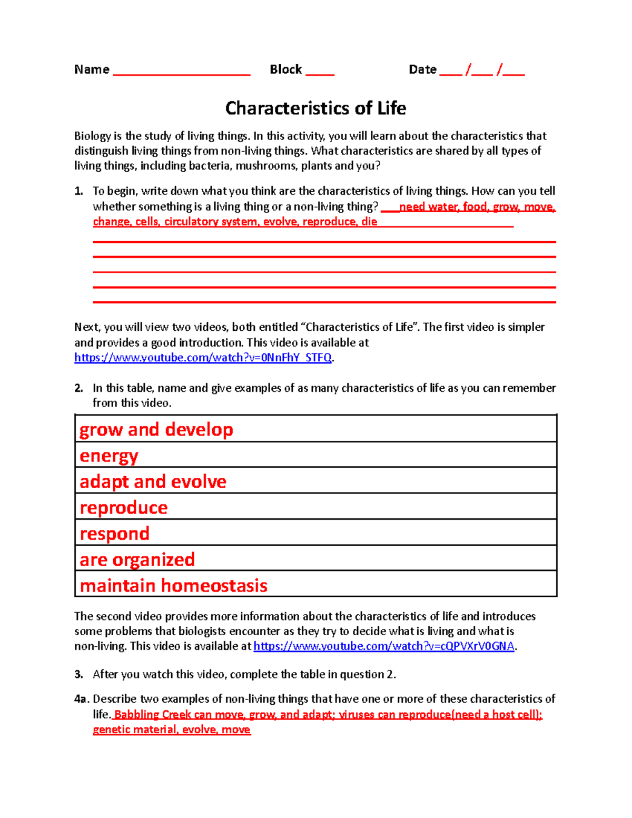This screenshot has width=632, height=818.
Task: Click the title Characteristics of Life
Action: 315,108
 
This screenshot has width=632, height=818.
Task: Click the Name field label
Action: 92,70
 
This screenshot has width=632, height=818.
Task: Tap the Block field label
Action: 285,70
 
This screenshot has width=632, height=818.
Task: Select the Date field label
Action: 422,70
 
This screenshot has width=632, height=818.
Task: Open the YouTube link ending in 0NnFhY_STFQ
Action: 203,358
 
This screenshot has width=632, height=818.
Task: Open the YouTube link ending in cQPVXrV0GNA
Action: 383,646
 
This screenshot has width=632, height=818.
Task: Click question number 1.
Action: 78,191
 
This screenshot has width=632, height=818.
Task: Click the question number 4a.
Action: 81,699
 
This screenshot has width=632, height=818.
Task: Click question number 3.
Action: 78,675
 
